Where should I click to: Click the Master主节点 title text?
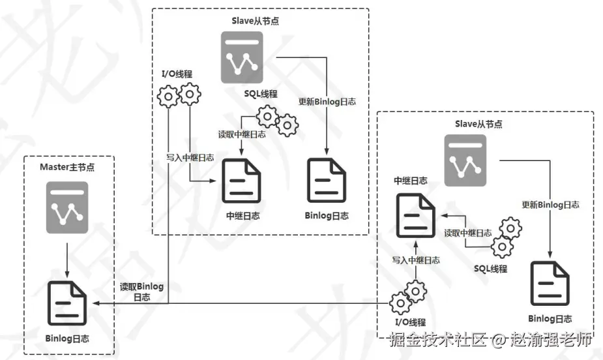click(x=67, y=168)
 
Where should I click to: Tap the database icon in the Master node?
click(x=67, y=207)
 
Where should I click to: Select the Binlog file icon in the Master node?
click(x=67, y=303)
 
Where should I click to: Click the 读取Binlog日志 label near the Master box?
click(x=141, y=292)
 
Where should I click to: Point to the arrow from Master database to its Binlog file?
click(x=67, y=260)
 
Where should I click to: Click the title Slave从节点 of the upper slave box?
click(x=256, y=21)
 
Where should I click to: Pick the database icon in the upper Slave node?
click(x=242, y=57)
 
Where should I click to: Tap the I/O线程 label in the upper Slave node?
click(x=177, y=74)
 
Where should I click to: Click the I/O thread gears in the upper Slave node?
click(x=179, y=95)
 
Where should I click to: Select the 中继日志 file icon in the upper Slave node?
click(x=241, y=181)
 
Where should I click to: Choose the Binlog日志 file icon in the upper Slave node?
click(x=327, y=181)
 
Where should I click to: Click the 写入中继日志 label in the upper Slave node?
click(x=190, y=158)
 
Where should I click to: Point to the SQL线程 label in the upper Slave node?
click(x=261, y=94)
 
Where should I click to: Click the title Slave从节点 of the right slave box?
click(x=478, y=124)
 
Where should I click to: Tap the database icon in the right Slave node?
click(x=465, y=160)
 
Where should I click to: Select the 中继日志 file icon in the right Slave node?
click(x=416, y=216)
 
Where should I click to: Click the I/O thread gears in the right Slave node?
click(x=408, y=297)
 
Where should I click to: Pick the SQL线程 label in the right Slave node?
click(x=491, y=269)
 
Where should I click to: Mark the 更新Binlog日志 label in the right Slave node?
click(x=550, y=205)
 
